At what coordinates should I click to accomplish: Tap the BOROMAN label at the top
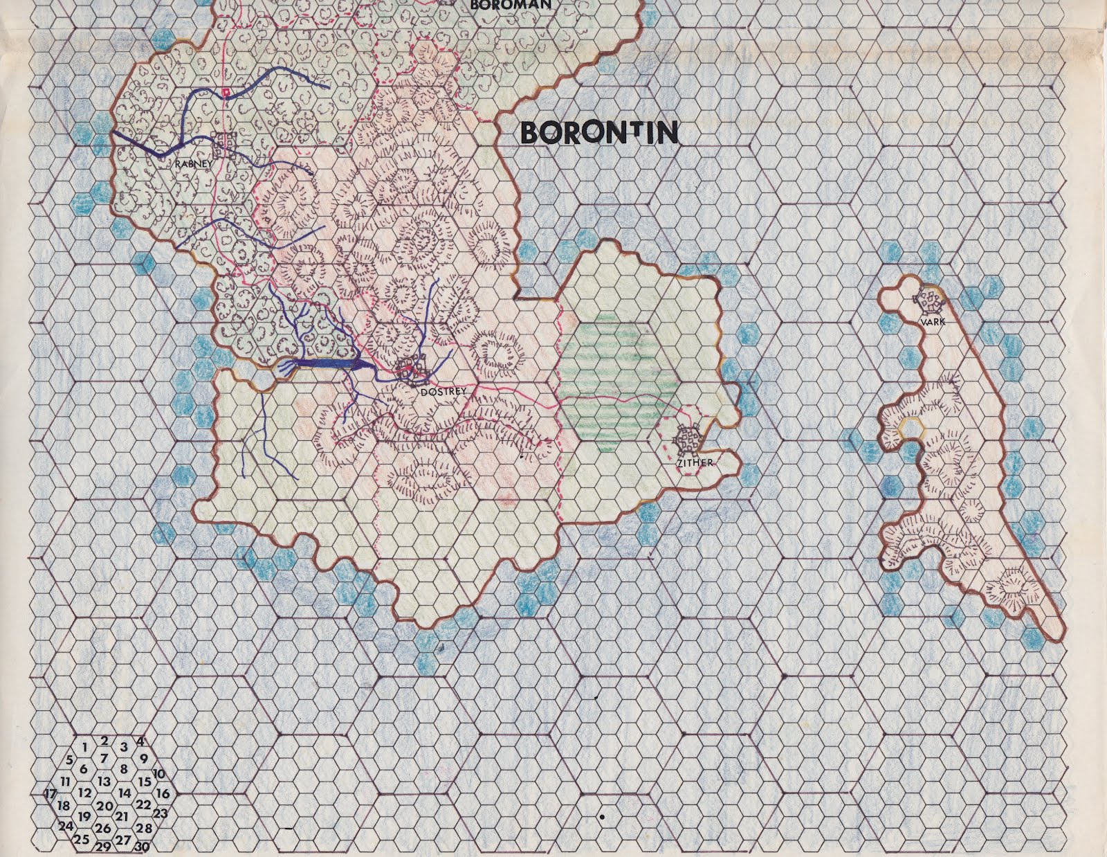pos(510,4)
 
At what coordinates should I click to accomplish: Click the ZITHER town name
pos(695,462)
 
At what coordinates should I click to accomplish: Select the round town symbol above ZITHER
pos(688,438)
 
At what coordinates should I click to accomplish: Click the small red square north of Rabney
pos(226,91)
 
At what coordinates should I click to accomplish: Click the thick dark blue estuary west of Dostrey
pos(325,364)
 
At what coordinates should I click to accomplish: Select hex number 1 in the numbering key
pos(84,746)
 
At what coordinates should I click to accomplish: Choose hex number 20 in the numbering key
pos(104,806)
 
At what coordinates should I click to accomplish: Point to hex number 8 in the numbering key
pos(124,768)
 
